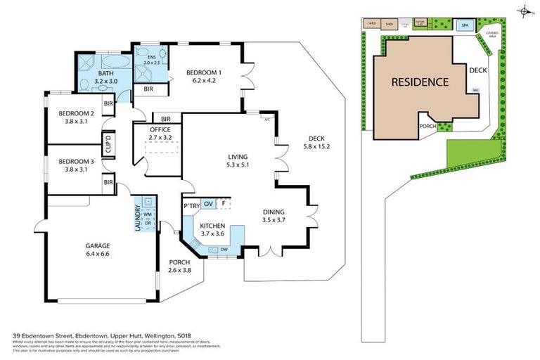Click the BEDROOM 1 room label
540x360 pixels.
[x=204, y=75]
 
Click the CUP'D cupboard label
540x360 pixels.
[x=109, y=146]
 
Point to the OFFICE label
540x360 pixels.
[x=161, y=134]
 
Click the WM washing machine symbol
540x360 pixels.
[x=148, y=214]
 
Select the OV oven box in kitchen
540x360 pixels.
[x=209, y=205]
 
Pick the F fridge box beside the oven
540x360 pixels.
[x=224, y=205]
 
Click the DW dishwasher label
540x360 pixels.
[x=223, y=249]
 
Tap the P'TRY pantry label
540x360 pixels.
[x=191, y=205]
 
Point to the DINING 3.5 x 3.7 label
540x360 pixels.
[x=274, y=216]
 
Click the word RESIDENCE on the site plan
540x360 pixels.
[x=420, y=82]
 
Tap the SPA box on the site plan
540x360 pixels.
[x=464, y=25]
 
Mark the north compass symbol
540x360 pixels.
[x=524, y=11]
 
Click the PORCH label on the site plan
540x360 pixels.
[x=427, y=126]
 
